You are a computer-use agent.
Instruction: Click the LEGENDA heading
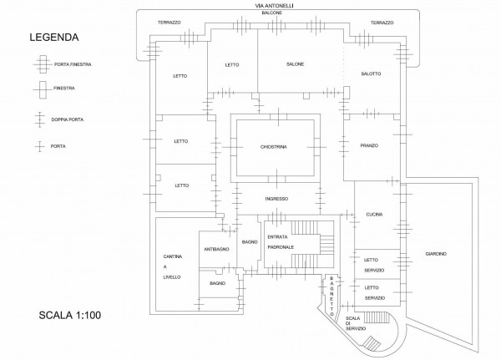coord(54,38)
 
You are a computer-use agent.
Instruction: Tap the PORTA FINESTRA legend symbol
coord(40,63)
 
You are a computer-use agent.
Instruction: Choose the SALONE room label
coord(294,64)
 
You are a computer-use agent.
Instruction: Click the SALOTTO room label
coord(371,74)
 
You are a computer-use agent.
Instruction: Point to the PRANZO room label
coord(369,145)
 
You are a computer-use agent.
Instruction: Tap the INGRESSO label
coord(276,199)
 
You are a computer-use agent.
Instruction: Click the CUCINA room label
coord(373,215)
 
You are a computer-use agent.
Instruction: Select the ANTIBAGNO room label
coord(216,250)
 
